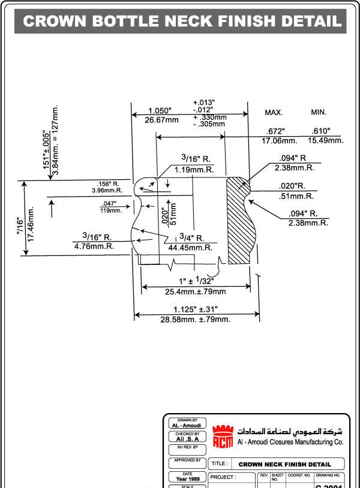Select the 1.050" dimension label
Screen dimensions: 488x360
160,111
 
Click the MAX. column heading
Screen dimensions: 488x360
274,113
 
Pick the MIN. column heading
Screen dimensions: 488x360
319,112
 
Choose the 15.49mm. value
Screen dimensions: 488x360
325,140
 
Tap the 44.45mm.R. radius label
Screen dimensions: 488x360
190,247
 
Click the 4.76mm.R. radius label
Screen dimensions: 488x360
94,246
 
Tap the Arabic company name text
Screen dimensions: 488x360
290,431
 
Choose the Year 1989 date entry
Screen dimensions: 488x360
188,479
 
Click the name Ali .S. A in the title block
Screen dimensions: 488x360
188,439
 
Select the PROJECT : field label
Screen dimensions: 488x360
224,477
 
